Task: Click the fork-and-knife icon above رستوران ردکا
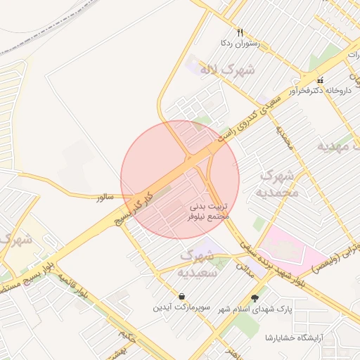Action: [x=240, y=32]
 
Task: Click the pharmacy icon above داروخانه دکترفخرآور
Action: [x=321, y=79]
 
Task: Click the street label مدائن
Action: [x=244, y=267]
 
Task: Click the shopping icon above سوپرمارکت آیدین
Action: [x=182, y=296]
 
